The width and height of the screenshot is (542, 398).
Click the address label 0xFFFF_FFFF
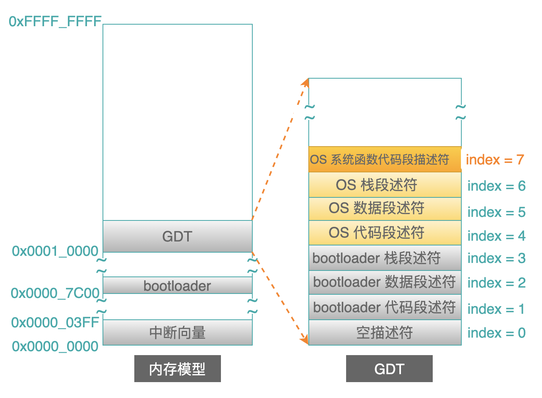(x=55, y=21)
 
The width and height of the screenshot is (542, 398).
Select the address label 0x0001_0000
(x=55, y=251)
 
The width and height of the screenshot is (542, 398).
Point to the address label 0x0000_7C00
(x=55, y=293)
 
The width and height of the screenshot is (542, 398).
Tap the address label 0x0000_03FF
(x=55, y=323)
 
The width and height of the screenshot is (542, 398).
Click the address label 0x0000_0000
(x=55, y=346)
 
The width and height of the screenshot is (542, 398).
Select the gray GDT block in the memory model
(x=178, y=236)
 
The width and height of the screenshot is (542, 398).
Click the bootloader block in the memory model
(x=178, y=286)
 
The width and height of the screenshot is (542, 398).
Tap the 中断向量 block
(x=178, y=333)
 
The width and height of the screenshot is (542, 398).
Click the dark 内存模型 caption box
(x=178, y=369)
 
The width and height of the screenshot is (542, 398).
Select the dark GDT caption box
(x=389, y=369)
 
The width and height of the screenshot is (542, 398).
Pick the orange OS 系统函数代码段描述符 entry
(x=385, y=159)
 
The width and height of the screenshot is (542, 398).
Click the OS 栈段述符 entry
(x=385, y=185)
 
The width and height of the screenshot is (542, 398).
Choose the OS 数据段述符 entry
(x=385, y=209)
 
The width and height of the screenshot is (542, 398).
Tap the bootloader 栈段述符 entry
(x=385, y=258)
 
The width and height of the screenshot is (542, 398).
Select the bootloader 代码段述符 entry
(x=385, y=307)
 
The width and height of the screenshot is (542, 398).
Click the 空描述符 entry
(x=385, y=333)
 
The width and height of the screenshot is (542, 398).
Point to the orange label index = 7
(x=495, y=160)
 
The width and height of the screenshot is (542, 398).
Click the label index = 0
(x=497, y=333)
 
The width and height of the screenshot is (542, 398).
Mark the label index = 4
(x=497, y=236)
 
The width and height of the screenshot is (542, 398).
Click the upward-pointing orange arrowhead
(x=305, y=83)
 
